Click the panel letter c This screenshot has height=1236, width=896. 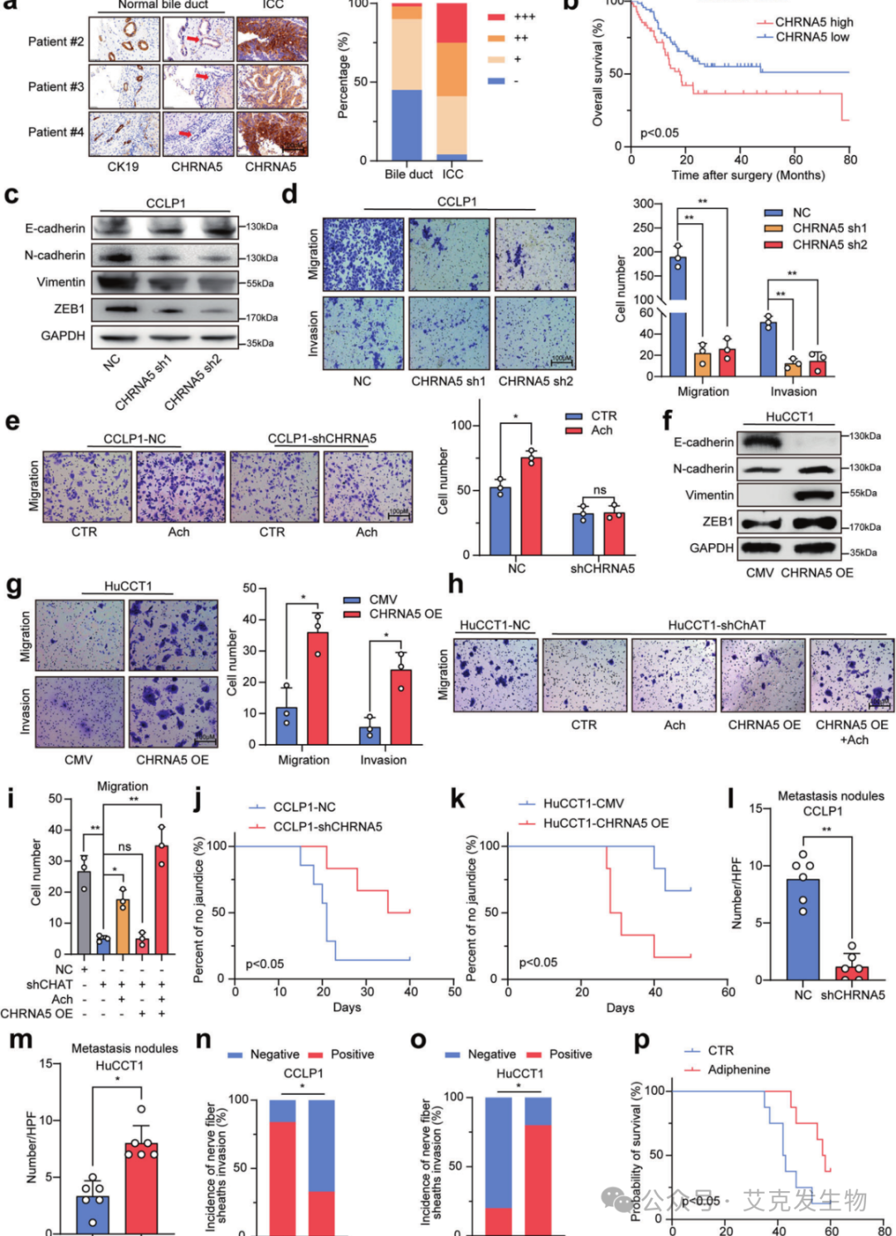point(12,195)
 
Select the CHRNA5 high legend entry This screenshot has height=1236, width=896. point(813,22)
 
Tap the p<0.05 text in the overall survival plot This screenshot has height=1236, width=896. point(660,133)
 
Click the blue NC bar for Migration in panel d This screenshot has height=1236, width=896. point(678,315)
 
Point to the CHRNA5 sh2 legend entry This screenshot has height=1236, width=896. point(829,245)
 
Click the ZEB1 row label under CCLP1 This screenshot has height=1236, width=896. point(69,309)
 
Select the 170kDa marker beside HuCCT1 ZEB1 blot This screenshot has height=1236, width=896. point(864,527)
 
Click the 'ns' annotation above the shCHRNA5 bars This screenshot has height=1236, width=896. point(599,490)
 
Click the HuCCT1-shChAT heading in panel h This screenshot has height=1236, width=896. point(716,625)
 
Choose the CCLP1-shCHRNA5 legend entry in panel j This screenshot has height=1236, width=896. point(327,826)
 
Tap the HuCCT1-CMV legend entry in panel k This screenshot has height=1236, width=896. point(582,803)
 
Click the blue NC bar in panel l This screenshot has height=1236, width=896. point(802,929)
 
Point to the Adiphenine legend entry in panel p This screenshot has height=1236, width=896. point(738,1069)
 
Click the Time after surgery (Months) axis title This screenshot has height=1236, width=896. point(747,175)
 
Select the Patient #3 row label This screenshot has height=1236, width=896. point(56,86)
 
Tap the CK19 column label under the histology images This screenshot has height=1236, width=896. point(123,167)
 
